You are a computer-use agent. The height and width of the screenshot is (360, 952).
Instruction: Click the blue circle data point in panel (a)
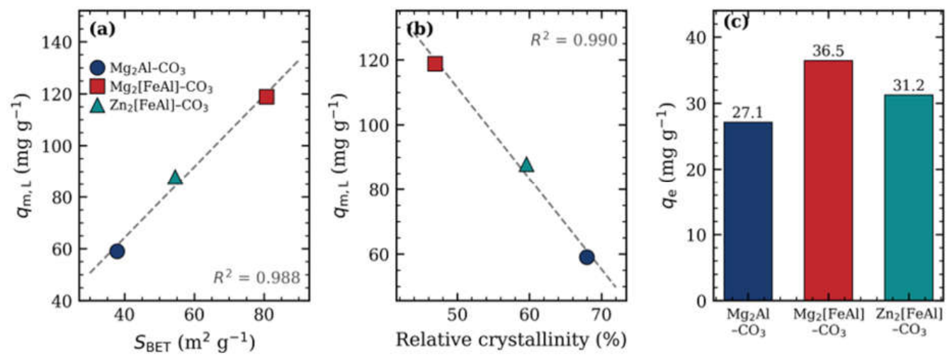point(117,251)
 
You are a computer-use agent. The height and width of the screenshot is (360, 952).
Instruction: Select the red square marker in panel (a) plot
point(266,97)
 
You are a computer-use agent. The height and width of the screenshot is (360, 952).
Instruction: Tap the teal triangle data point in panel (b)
point(526,164)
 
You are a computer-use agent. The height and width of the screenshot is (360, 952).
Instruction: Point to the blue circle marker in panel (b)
point(586,257)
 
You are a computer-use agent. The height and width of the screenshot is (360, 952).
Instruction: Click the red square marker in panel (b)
point(435,64)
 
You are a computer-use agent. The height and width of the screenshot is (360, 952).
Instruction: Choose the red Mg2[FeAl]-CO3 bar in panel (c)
point(828,181)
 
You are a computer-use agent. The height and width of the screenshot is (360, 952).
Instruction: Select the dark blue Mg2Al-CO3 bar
point(748,211)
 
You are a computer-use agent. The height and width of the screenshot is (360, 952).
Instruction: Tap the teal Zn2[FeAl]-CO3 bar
point(909,198)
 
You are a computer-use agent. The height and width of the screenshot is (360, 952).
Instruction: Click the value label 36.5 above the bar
point(828,51)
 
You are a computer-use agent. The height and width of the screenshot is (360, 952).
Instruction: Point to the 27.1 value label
point(747,113)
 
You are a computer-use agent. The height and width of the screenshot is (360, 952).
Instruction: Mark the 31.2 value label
point(909,86)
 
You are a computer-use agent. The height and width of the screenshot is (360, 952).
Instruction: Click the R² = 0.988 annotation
point(256,277)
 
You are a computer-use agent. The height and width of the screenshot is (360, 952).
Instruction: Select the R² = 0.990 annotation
point(574,40)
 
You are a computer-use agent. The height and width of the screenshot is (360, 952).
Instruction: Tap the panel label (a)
point(103,29)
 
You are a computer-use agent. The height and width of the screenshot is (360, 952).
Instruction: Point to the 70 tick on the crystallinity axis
point(601,315)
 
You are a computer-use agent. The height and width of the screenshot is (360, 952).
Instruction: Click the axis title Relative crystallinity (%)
point(511,339)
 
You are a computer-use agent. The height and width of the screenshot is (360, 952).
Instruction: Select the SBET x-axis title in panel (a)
point(194,342)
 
